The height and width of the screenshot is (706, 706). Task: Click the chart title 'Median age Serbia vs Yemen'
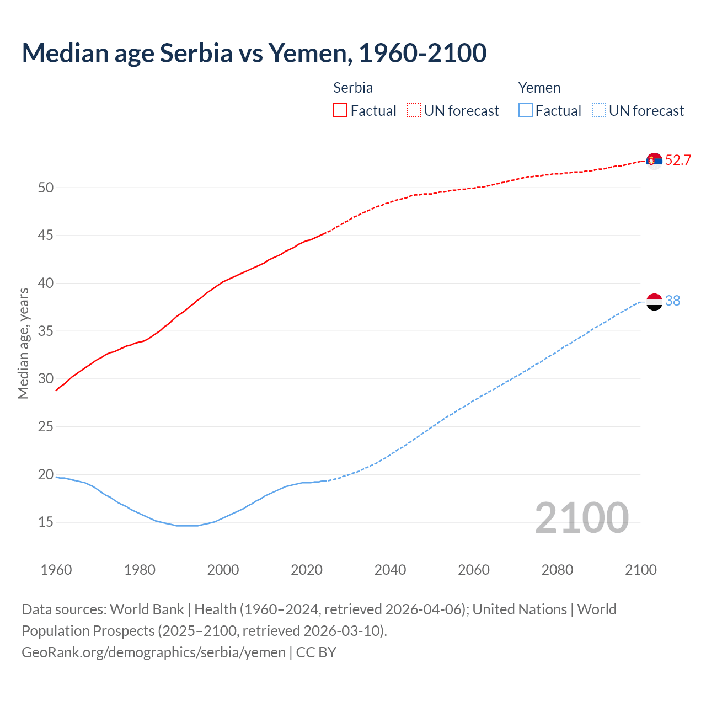254,53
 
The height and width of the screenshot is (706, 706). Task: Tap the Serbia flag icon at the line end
654,161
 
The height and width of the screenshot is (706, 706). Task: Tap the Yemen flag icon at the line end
654,302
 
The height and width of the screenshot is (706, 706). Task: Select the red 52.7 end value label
678,161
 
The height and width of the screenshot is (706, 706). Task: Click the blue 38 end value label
673,301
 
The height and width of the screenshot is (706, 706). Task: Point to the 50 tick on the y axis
46,188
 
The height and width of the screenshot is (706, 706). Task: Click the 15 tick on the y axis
46,522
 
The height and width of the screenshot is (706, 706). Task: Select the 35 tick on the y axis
46,331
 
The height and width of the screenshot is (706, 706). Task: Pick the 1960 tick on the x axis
56,570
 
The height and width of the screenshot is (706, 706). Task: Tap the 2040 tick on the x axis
390,570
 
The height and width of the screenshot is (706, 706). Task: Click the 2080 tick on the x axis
557,570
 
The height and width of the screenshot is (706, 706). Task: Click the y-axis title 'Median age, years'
23,343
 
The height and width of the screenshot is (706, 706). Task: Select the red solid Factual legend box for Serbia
340,111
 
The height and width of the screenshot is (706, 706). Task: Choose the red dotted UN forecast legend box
414,111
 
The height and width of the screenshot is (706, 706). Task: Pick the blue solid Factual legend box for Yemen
526,111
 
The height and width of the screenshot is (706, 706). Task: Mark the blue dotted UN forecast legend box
598,111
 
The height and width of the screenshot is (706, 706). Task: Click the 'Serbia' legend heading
353,88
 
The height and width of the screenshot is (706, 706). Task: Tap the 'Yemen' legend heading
539,88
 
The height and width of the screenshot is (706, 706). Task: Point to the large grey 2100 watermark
581,517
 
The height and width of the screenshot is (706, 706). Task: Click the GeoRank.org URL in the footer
153,652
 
